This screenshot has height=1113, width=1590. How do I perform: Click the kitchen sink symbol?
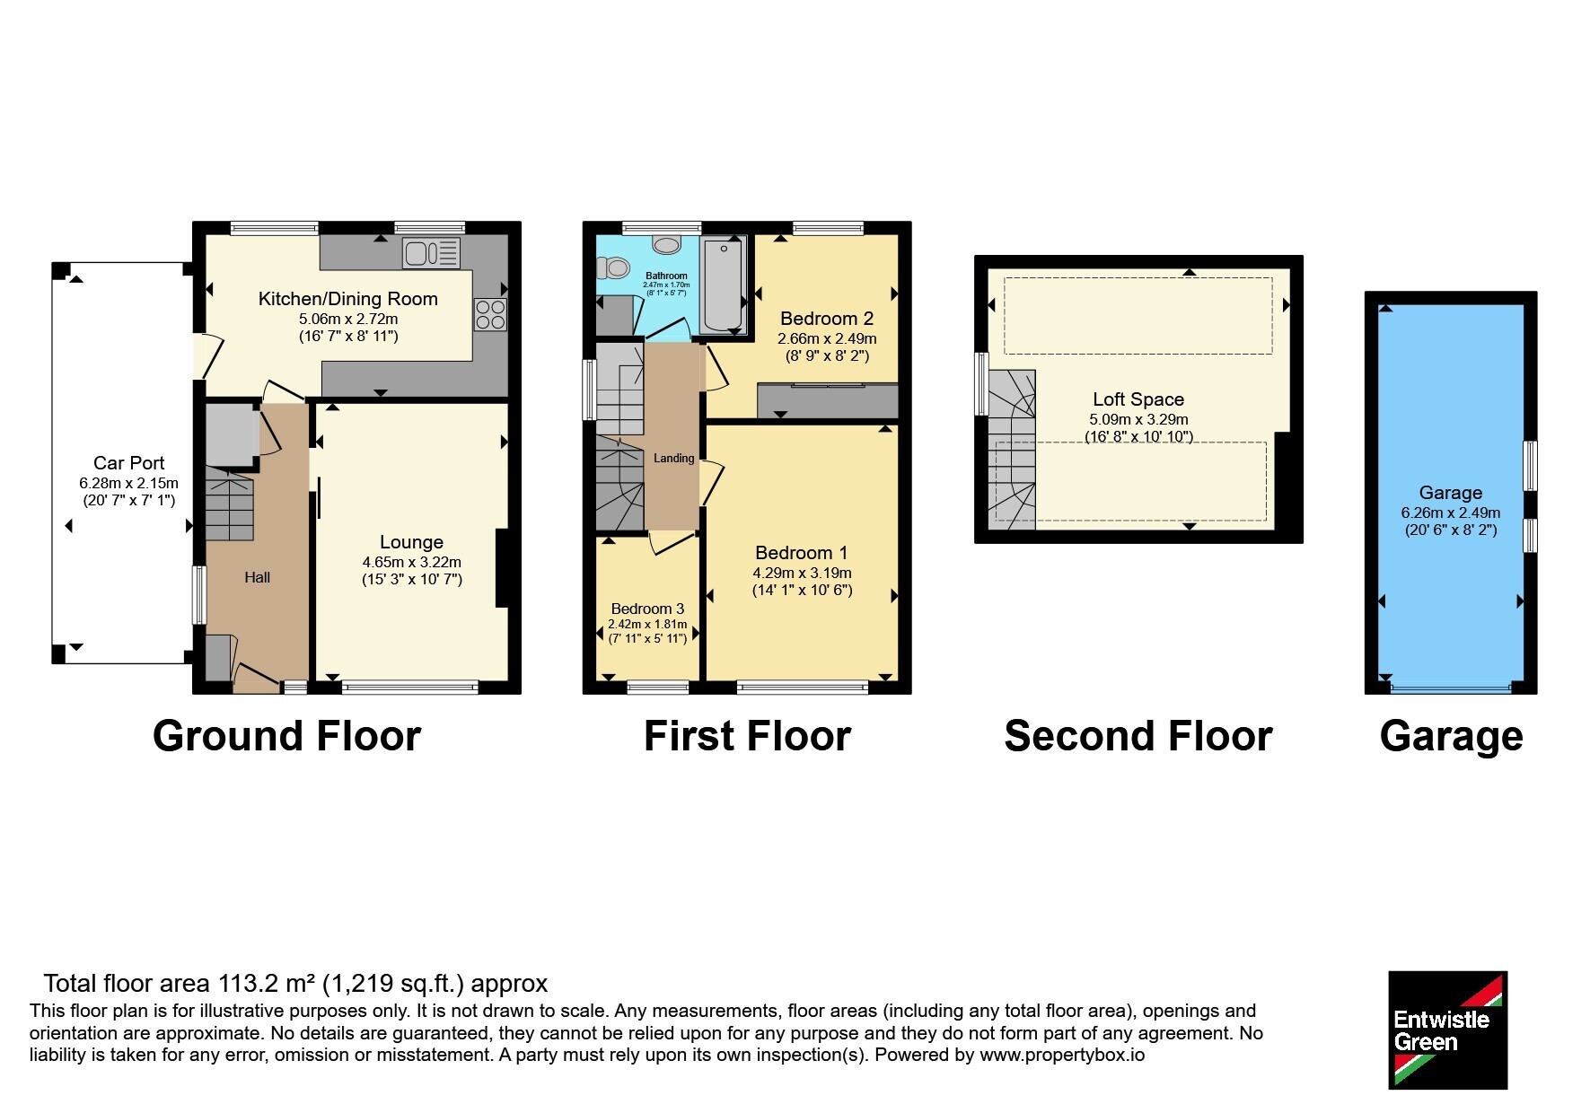pyautogui.click(x=432, y=253)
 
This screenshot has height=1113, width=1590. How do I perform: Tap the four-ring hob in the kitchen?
pyautogui.click(x=491, y=314)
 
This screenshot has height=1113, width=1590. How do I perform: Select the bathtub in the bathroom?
pyautogui.click(x=723, y=285)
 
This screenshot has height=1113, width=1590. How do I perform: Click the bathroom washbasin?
pyautogui.click(x=667, y=245)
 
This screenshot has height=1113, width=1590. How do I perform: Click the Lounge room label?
pyautogui.click(x=411, y=542)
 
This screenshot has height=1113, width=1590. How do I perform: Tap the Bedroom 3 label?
pyautogui.click(x=647, y=609)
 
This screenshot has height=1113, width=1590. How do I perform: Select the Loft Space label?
pyautogui.click(x=1138, y=399)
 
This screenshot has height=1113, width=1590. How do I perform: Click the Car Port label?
pyautogui.click(x=129, y=463)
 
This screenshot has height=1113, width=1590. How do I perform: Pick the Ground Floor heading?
pyautogui.click(x=286, y=736)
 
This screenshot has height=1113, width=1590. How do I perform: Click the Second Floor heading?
pyautogui.click(x=1138, y=736)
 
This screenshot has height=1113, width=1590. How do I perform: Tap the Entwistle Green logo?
pyautogui.click(x=1448, y=1030)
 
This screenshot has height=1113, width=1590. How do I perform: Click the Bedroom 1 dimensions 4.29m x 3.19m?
pyautogui.click(x=803, y=573)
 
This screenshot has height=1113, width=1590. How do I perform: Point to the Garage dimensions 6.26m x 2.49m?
pyautogui.click(x=1451, y=513)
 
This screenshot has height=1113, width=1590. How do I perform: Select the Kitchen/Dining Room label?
pyautogui.click(x=348, y=299)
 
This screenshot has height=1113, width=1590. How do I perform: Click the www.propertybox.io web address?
pyautogui.click(x=1062, y=1056)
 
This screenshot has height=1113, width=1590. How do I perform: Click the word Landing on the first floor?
pyautogui.click(x=674, y=459)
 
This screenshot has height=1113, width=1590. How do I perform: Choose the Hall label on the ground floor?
pyautogui.click(x=258, y=578)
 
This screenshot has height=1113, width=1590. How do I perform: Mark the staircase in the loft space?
pyautogui.click(x=1012, y=449)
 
